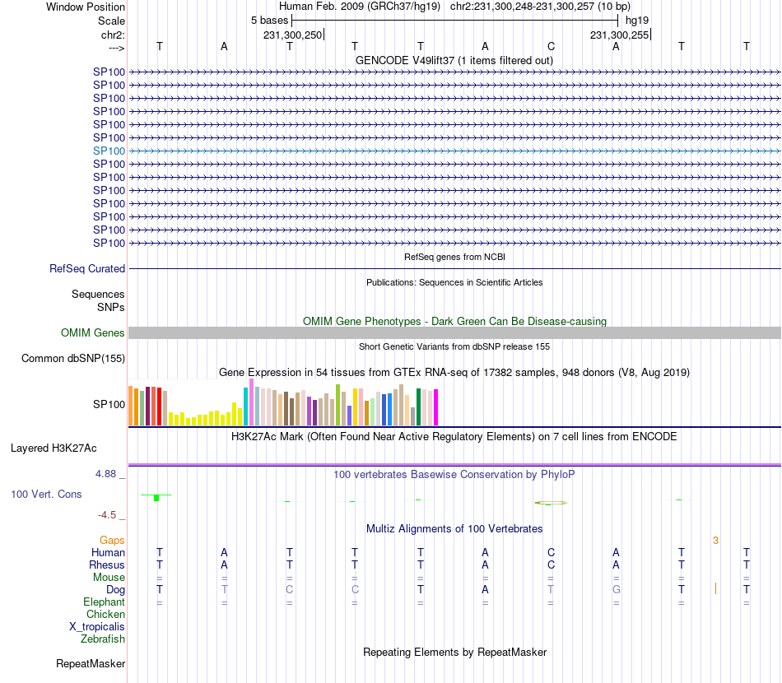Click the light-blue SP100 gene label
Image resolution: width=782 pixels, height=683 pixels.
pos(109,151)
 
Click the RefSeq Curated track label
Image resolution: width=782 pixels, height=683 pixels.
pos(87,268)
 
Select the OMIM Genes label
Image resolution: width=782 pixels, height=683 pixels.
pos(92,333)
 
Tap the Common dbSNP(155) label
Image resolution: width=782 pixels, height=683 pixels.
pos(73,358)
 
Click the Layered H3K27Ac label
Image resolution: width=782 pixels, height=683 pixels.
pos(54,448)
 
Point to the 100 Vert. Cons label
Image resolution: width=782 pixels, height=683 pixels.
pos(48,495)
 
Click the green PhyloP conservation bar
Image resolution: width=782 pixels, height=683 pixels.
pos(156,498)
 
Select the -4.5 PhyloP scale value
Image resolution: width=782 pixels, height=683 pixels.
pos(107,515)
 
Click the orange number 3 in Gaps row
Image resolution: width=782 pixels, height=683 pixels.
pos(715,541)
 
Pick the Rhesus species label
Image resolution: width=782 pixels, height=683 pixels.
pos(107,565)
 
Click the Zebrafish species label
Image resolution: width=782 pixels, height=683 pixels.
pos(103,639)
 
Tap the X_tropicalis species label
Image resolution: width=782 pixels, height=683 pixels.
pos(97,626)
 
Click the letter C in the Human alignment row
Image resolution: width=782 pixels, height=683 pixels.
pos(551,553)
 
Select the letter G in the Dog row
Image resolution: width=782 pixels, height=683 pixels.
pos(616,590)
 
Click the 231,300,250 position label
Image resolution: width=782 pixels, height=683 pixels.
pos(293,35)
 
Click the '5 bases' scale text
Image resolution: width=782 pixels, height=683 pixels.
pos(269,20)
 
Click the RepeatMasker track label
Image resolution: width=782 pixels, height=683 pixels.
pos(91,663)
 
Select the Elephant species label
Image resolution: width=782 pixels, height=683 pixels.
pos(104,602)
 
